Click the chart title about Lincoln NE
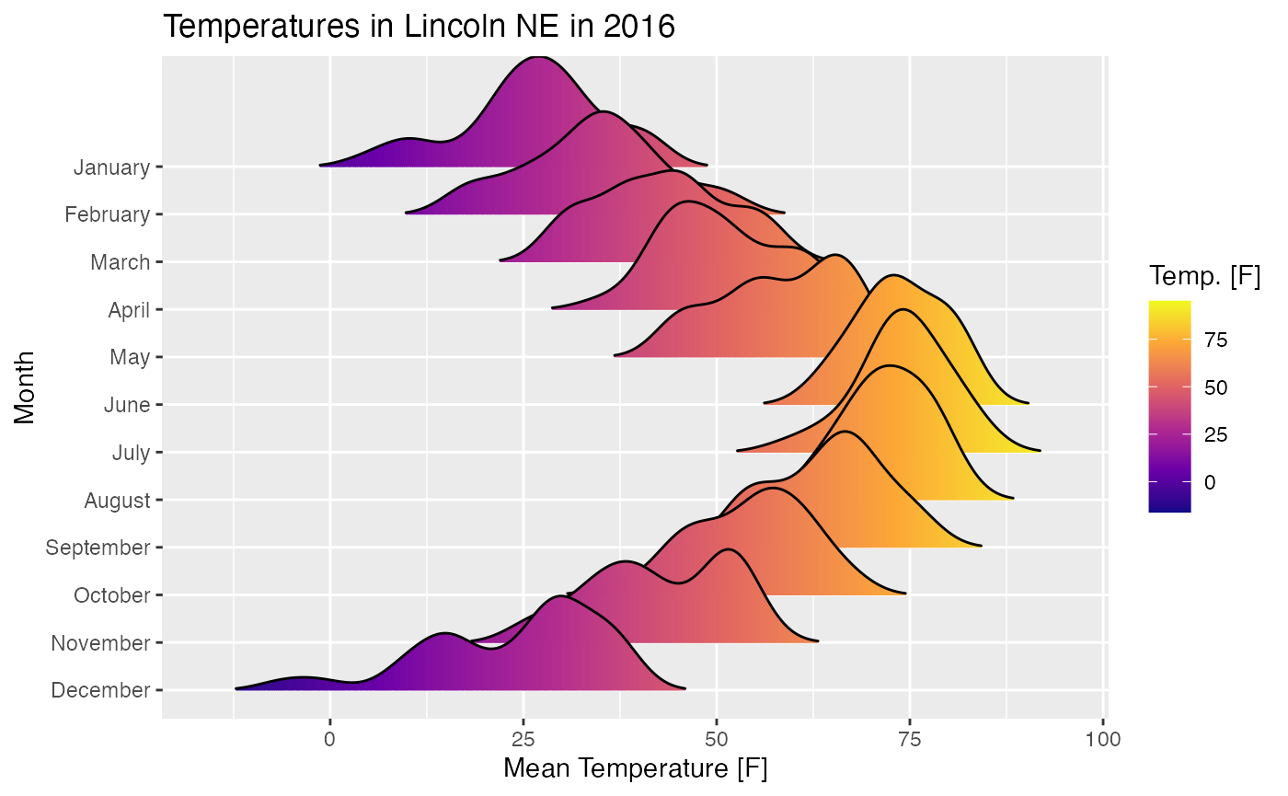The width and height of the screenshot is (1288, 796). pos(419,27)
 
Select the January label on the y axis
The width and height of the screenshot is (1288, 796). pos(111,167)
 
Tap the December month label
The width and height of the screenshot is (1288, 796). pos(100,690)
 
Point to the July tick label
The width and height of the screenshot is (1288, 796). pos(130,453)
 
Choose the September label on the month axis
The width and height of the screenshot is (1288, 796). pos(98,548)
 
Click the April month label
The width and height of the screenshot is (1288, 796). pos(129,310)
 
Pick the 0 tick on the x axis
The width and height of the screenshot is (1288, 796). pos(329,737)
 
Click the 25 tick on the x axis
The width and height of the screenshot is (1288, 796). pos(523,737)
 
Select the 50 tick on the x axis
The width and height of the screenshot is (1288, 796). pos(716,737)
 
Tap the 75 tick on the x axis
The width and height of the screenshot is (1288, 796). pos(909,737)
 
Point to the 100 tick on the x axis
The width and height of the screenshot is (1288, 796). pos(1102,737)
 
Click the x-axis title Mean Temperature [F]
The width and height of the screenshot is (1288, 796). pos(635,767)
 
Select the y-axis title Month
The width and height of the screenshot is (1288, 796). pos(25,386)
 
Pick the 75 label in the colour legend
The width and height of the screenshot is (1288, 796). pos(1216,340)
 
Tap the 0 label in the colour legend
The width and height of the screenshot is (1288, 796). pos(1209,482)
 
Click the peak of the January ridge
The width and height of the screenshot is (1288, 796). pos(537,57)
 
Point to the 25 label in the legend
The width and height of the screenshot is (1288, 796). pos(1216,435)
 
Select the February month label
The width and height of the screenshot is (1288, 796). pos(107,215)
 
